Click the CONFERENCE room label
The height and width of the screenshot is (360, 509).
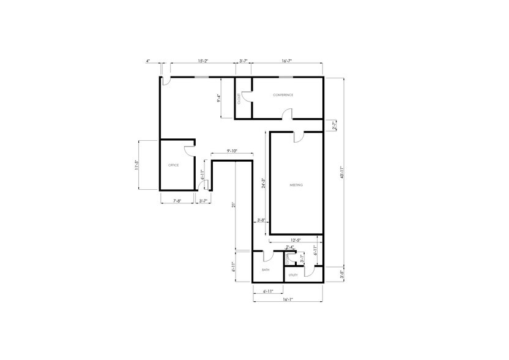[283, 95]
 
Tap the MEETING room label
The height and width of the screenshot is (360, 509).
[296, 185]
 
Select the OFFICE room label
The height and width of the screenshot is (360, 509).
[173, 165]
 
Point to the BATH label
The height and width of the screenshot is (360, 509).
[266, 269]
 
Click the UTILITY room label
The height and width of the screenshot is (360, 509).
[293, 276]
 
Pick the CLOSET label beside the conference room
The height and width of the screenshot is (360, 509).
[239, 98]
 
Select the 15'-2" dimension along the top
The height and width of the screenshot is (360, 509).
[203, 61]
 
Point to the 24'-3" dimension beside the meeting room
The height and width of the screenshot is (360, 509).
[263, 184]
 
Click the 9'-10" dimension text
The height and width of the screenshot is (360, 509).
[231, 151]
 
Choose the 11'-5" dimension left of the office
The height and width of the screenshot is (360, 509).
[137, 166]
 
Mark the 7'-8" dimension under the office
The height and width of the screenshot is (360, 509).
[177, 201]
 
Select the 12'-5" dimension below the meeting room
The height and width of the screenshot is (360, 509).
[295, 240]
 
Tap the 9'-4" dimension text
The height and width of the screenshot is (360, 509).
[219, 98]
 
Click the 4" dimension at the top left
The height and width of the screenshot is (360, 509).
[148, 61]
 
